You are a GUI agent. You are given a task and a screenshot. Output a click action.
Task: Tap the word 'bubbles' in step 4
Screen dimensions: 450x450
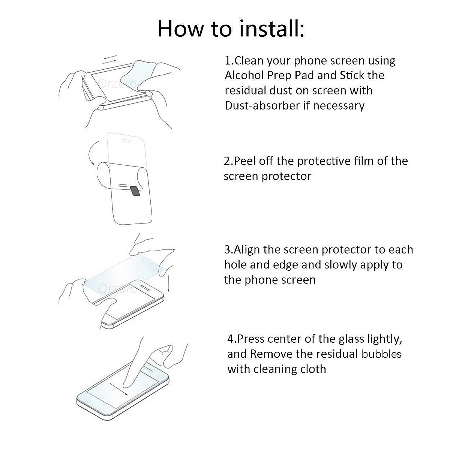tap(381, 354)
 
